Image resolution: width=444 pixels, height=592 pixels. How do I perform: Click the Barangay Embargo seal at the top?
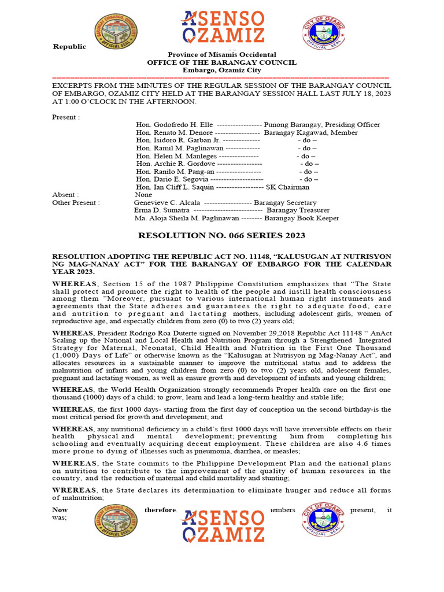click(116, 31)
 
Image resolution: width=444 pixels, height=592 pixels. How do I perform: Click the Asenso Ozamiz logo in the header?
click(223, 27)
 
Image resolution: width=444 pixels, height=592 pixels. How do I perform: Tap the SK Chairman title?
click(287, 187)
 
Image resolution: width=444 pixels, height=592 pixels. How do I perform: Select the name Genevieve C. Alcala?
click(167, 203)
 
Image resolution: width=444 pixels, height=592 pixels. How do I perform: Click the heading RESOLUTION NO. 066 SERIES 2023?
click(221, 236)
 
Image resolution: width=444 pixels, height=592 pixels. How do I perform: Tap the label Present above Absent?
click(65, 117)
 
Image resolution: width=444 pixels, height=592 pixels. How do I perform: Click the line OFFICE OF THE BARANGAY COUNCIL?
click(221, 62)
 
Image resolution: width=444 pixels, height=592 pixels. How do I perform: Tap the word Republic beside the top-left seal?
click(69, 47)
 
